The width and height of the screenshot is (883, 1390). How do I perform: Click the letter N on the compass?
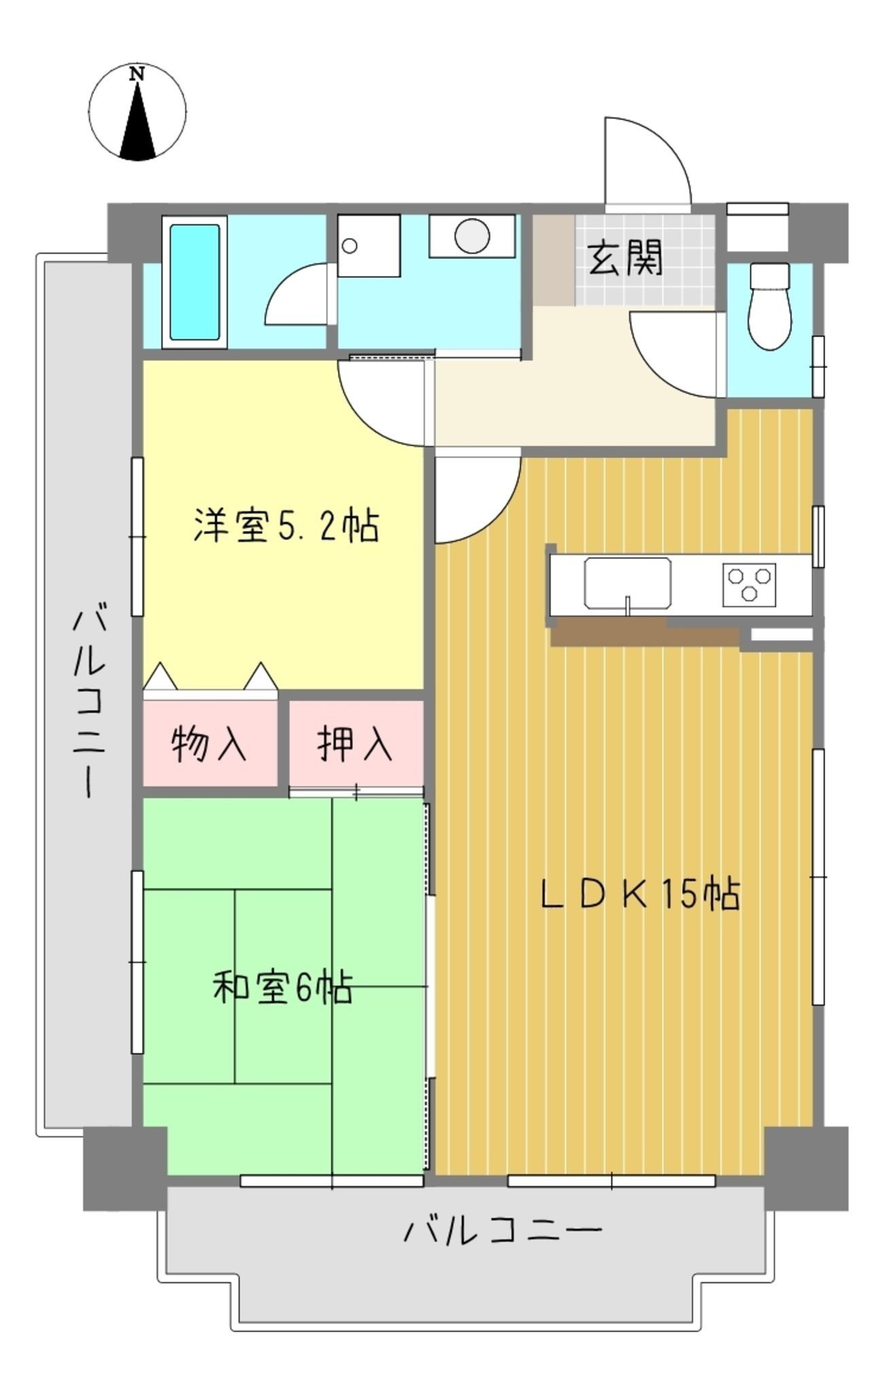coord(138,74)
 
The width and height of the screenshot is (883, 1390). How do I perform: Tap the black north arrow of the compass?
coord(138,122)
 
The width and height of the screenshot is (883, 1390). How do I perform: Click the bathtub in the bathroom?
coord(194,282)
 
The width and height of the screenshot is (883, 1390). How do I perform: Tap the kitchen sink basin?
coord(628,583)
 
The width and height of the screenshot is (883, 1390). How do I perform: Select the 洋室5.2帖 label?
coord(286,525)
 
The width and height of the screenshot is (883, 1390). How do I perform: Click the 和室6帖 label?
coord(283,988)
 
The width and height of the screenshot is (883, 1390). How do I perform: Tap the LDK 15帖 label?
coord(640,895)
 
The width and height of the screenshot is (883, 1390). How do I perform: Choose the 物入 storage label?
coord(209,744)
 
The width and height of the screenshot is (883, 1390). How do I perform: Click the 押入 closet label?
coord(355,744)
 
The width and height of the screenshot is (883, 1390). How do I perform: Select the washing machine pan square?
coord(368,246)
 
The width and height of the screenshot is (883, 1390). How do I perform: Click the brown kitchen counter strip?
coord(644,632)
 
